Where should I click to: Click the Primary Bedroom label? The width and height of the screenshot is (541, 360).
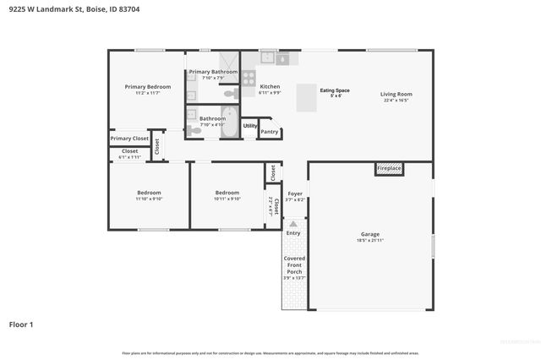148,87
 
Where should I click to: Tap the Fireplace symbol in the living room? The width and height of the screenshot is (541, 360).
389,169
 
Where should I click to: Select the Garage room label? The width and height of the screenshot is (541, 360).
370,234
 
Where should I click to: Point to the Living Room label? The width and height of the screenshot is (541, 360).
396,94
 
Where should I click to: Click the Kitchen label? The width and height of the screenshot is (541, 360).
270,86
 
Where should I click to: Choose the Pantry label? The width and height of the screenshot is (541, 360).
270,132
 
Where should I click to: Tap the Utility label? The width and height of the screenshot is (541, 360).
250,126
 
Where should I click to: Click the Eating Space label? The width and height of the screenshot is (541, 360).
335,90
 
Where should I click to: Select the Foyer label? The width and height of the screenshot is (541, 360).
294,194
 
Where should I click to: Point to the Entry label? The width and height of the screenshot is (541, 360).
293,233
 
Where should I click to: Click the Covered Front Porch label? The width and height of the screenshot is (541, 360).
294,265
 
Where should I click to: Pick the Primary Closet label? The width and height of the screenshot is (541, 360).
129,138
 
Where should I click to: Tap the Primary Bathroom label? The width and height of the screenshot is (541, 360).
212,72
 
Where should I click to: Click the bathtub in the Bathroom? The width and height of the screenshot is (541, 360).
230,123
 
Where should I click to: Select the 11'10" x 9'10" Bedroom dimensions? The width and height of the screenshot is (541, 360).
149,199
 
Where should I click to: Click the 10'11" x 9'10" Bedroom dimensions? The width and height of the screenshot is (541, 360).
227,199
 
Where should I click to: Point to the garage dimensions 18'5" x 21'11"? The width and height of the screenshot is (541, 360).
370,241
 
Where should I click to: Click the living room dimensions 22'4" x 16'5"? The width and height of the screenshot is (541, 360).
396,101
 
